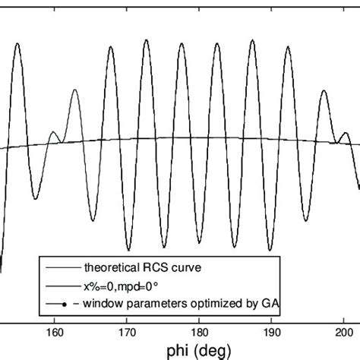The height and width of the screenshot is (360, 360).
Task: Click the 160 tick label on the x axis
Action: click(x=55, y=331)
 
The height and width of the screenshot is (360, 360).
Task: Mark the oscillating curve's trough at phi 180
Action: click(x=197, y=249)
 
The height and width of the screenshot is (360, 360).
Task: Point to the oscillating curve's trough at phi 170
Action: click(x=125, y=245)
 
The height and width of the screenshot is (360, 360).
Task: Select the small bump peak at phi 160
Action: click(x=53, y=132)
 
